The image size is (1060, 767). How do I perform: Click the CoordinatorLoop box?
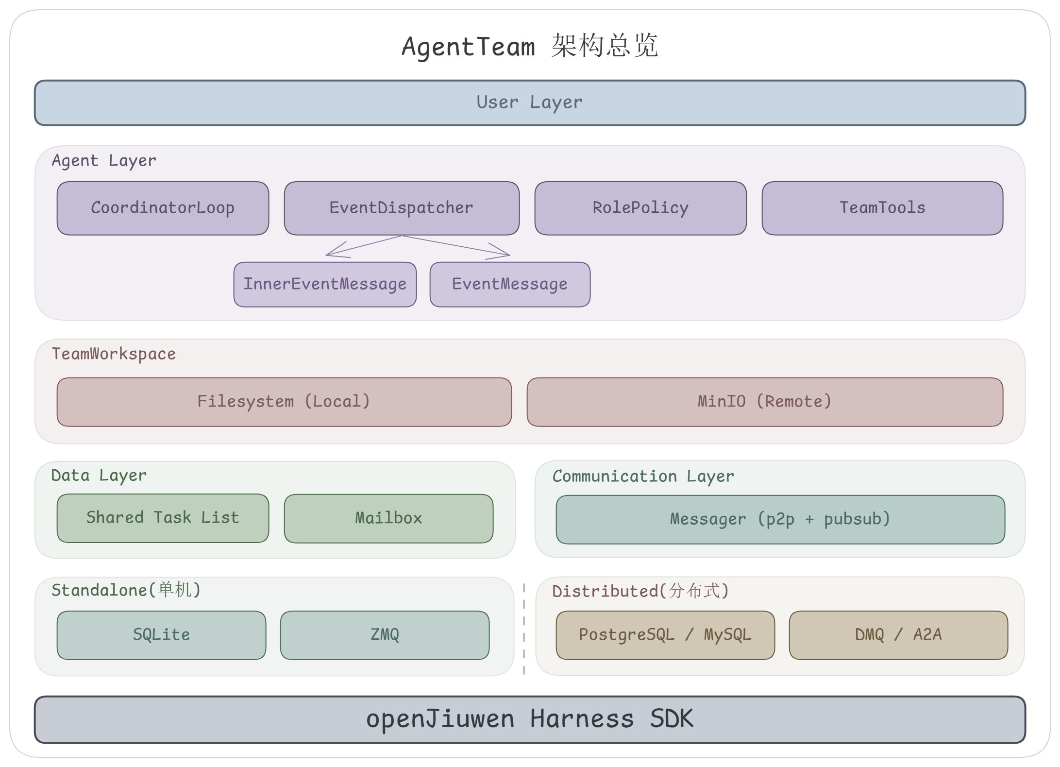pos(163,208)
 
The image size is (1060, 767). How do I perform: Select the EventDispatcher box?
pos(402,208)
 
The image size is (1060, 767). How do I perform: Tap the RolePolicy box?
pos(640,208)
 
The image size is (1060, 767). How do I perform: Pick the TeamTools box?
pos(882,208)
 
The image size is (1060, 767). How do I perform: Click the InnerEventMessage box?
pos(325,285)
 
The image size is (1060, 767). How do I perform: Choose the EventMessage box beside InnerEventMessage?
pos(510,285)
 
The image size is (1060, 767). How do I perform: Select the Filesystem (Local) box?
pos(284,402)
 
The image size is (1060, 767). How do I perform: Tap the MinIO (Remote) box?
pos(765,402)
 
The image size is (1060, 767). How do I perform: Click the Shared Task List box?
pos(163,518)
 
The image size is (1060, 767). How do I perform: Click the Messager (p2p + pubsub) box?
pos(780,520)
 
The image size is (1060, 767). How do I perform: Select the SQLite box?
pos(161,635)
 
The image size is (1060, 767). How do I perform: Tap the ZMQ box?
pos(385,635)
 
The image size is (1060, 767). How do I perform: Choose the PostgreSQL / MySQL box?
pos(665,635)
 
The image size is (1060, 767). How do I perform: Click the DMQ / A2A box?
pos(898,635)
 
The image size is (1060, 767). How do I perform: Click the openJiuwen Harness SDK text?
pos(529,719)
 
